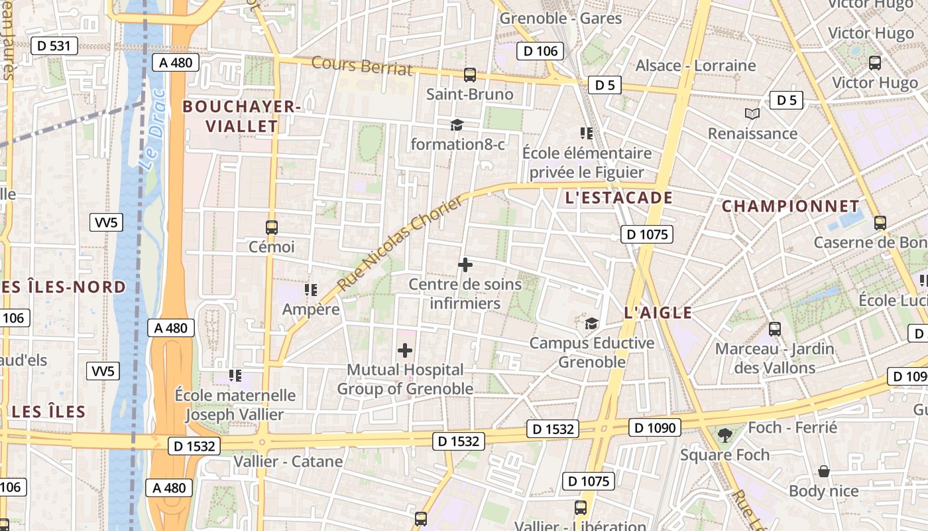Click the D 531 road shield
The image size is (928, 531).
(54, 46)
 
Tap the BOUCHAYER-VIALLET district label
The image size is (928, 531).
(241, 116)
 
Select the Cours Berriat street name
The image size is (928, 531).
(361, 66)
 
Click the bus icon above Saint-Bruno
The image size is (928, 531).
(470, 75)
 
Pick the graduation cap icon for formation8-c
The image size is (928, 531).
(457, 125)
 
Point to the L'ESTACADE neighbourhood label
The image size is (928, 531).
(619, 198)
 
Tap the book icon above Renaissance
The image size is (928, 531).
(752, 114)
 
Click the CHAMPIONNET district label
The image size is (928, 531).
(790, 206)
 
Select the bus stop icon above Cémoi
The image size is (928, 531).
(271, 227)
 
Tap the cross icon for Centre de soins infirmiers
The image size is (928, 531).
(465, 265)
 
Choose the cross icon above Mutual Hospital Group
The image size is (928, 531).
(405, 350)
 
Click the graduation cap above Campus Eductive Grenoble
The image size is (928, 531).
(591, 323)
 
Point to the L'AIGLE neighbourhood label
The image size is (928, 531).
(658, 313)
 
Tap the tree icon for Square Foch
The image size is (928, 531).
(725, 435)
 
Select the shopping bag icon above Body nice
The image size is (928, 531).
(824, 471)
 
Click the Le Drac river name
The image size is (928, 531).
(153, 136)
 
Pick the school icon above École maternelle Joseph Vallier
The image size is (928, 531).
(235, 376)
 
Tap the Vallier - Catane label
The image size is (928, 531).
(288, 461)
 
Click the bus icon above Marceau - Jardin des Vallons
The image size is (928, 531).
(774, 329)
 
